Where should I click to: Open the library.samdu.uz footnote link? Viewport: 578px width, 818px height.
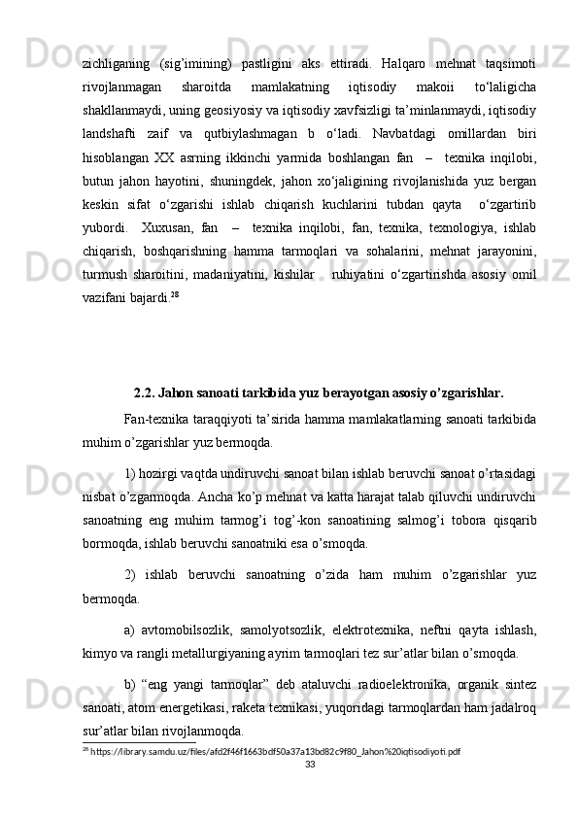tap(275, 752)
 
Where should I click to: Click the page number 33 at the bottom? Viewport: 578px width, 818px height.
tap(311, 765)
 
